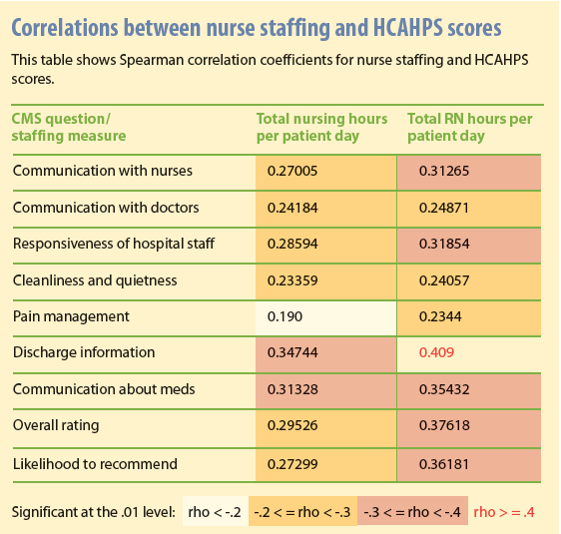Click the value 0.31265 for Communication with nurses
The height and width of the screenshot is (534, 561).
click(x=431, y=172)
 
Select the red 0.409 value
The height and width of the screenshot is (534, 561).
click(x=426, y=352)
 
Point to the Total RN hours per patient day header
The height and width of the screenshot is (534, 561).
click(x=470, y=127)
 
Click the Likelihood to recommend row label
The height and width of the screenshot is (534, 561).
click(x=95, y=464)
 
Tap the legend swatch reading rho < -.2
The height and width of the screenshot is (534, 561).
click(x=215, y=513)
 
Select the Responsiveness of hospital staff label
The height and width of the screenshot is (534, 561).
click(x=114, y=244)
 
